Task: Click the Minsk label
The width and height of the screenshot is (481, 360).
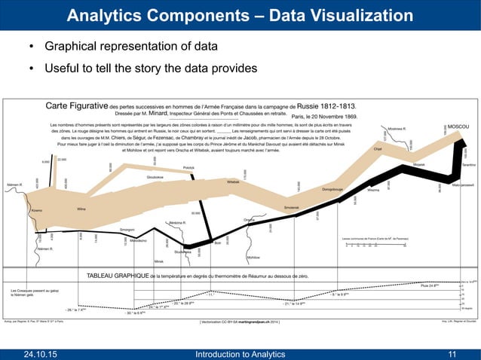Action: click(160, 261)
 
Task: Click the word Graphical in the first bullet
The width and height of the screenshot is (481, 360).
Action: click(74, 47)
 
